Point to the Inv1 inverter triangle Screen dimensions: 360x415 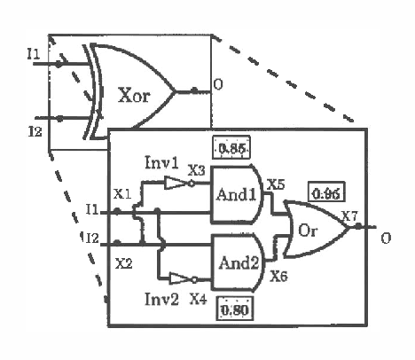176,184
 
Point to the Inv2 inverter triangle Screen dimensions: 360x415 179,277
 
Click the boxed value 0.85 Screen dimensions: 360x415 231,147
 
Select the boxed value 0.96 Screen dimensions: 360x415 325,192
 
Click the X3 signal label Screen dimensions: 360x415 199,169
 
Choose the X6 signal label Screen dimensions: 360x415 278,277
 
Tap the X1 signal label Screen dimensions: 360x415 123,192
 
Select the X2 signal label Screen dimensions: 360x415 123,263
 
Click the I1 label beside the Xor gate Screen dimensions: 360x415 33,55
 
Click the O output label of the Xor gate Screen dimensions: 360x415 216,86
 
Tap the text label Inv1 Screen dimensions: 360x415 161,162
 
